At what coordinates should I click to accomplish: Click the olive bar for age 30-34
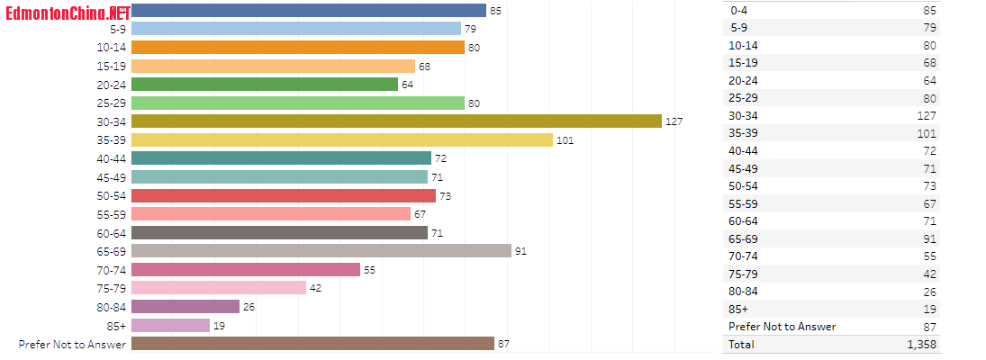pos(396,121)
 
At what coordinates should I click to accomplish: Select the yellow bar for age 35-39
pos(341,139)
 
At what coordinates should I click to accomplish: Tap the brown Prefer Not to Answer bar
pos(312,343)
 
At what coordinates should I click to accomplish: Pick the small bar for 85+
pos(170,325)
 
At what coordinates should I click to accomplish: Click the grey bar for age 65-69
pos(321,250)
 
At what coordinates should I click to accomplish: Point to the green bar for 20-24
pos(265,84)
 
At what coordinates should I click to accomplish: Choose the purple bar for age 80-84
pos(185,306)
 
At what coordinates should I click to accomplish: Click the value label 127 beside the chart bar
pos(675,121)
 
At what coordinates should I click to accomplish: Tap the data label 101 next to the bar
pos(565,140)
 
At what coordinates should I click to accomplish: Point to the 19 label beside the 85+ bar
pos(219,326)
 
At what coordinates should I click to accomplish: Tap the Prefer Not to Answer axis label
pos(73,344)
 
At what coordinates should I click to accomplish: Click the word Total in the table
pos(742,344)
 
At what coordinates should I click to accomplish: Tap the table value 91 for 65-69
pos(929,238)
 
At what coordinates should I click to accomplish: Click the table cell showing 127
pos(926,115)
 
